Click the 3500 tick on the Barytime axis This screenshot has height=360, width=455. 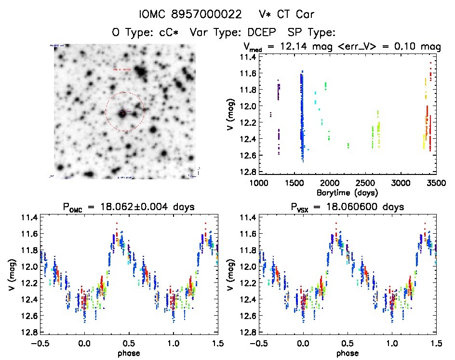tap(435, 184)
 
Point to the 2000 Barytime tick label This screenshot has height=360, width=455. tap(330, 184)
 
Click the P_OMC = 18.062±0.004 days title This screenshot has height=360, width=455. tap(128, 208)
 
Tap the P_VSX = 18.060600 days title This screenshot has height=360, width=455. tap(347, 208)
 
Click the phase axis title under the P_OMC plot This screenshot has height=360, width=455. tap(128, 353)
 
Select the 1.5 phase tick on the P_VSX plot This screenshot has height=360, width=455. tap(435, 344)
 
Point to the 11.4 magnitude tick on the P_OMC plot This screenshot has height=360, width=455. tap(28, 218)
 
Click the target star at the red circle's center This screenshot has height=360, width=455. tap(123, 113)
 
